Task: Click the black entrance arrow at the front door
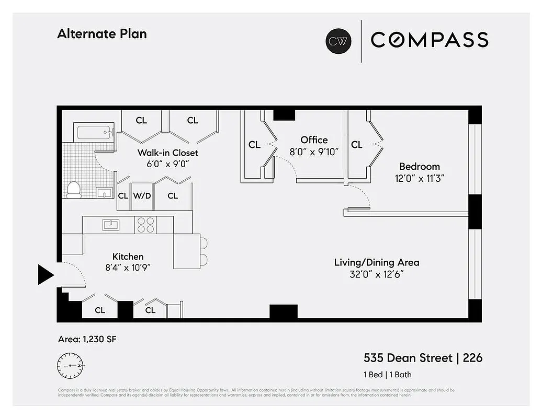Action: (45, 274)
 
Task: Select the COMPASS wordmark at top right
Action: (430, 40)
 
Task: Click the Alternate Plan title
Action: (101, 34)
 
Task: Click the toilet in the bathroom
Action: (74, 189)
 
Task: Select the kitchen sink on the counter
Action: (111, 225)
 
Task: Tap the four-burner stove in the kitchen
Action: (146, 225)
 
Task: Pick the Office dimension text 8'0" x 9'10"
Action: (314, 152)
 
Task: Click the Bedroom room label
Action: (419, 167)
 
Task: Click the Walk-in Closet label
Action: (168, 153)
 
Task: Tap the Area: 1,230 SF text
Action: (87, 340)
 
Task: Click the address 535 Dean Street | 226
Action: (423, 358)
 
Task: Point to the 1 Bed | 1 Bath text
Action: (387, 375)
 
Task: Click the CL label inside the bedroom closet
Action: (357, 145)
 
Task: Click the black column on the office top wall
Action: (284, 114)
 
